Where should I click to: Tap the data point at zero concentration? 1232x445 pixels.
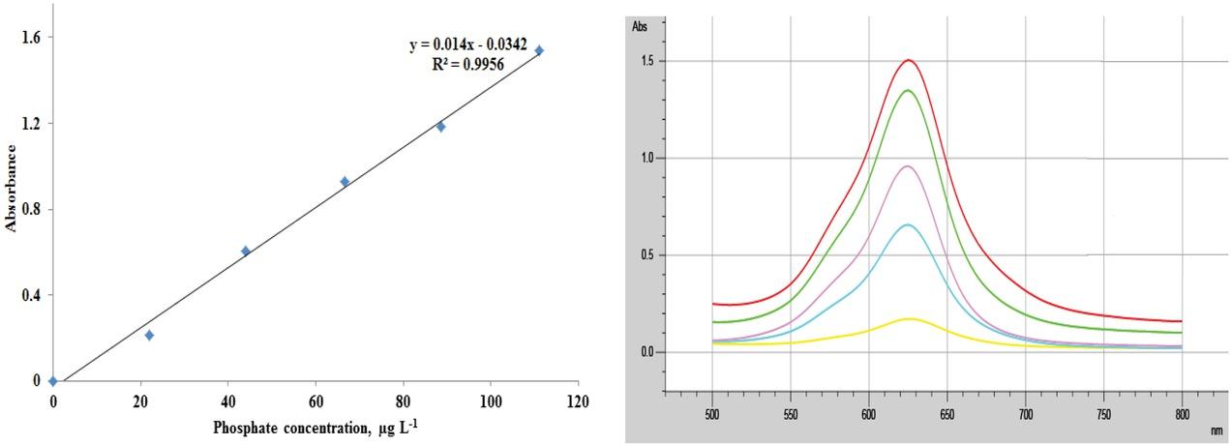coord(52,381)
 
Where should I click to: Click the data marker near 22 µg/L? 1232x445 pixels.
coord(149,335)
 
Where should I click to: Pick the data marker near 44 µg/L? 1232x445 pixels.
coord(246,251)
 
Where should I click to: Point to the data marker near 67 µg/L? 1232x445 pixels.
coord(345,181)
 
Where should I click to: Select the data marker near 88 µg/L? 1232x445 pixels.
coord(440,126)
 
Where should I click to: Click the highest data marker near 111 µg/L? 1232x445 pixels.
coord(539,50)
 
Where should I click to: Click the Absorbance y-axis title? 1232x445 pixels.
coord(12,189)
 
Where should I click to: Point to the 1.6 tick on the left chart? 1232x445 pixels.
coord(31,37)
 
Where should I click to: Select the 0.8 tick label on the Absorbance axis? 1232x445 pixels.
coord(31,209)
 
